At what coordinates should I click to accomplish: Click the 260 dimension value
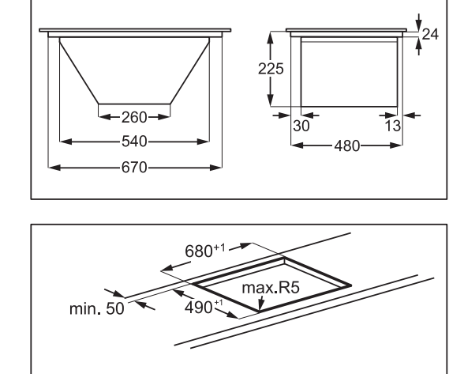point(134,118)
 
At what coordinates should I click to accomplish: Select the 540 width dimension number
point(134,142)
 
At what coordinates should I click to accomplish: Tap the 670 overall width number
point(134,168)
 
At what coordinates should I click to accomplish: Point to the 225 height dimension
point(271,69)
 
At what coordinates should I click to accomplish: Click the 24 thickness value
point(430,35)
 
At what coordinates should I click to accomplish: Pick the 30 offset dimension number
point(301,126)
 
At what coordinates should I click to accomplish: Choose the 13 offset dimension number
point(393,126)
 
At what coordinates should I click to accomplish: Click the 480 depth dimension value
point(347,146)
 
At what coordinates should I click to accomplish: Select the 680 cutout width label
point(205,251)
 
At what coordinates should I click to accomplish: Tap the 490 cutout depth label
point(204,307)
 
